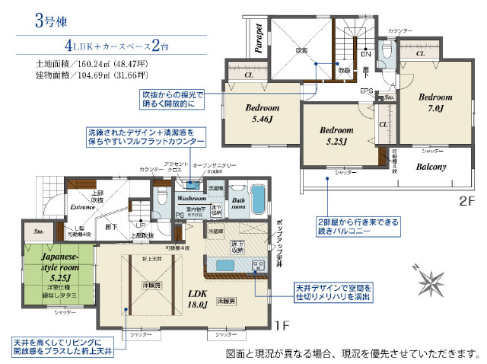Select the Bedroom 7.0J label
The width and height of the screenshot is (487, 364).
pyautogui.click(x=435, y=104)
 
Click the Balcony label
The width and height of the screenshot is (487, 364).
pyautogui.click(x=431, y=167)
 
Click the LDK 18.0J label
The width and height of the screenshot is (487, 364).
pyautogui.click(x=197, y=298)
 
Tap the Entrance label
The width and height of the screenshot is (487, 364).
pyautogui.click(x=81, y=206)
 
